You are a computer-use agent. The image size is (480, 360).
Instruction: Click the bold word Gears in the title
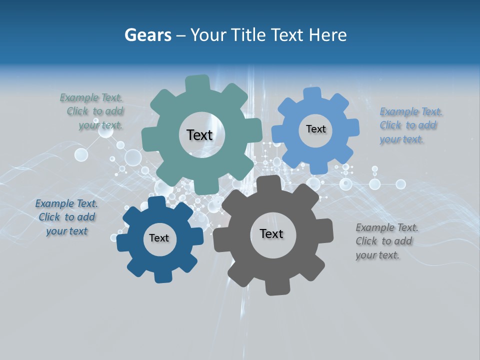[147, 35]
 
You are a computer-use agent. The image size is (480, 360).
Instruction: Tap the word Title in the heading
[249, 35]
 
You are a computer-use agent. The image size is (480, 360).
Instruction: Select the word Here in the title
[327, 35]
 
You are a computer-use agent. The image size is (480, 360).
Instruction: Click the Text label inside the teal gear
[199, 135]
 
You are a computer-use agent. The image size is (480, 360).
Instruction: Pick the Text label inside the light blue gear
[315, 129]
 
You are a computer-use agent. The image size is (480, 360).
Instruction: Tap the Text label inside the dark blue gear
[159, 238]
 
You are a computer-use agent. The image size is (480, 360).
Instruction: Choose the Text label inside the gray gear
[271, 233]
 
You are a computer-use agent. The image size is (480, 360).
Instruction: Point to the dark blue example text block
[66, 217]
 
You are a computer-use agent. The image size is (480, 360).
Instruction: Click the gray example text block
[385, 241]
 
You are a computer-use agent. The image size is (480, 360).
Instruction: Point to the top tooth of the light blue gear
[312, 93]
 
